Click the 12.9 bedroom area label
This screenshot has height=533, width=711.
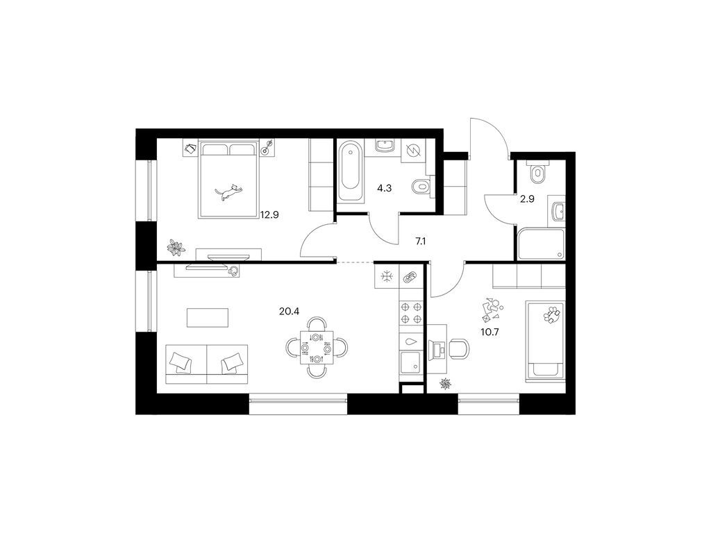269,215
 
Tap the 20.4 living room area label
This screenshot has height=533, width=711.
289,312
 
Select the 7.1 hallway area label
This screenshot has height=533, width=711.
420,242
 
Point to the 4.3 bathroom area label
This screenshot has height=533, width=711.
384,188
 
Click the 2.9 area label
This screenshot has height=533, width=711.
527,198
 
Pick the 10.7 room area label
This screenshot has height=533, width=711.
490,332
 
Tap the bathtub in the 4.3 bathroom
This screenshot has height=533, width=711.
351,172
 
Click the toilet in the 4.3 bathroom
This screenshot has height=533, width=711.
421,186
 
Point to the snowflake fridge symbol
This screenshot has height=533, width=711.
386,276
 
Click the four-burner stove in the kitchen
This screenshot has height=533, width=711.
411,313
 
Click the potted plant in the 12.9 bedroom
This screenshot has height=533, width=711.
176,247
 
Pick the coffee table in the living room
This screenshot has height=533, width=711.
208,317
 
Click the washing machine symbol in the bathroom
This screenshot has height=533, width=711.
414,151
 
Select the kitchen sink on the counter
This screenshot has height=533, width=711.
411,362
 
